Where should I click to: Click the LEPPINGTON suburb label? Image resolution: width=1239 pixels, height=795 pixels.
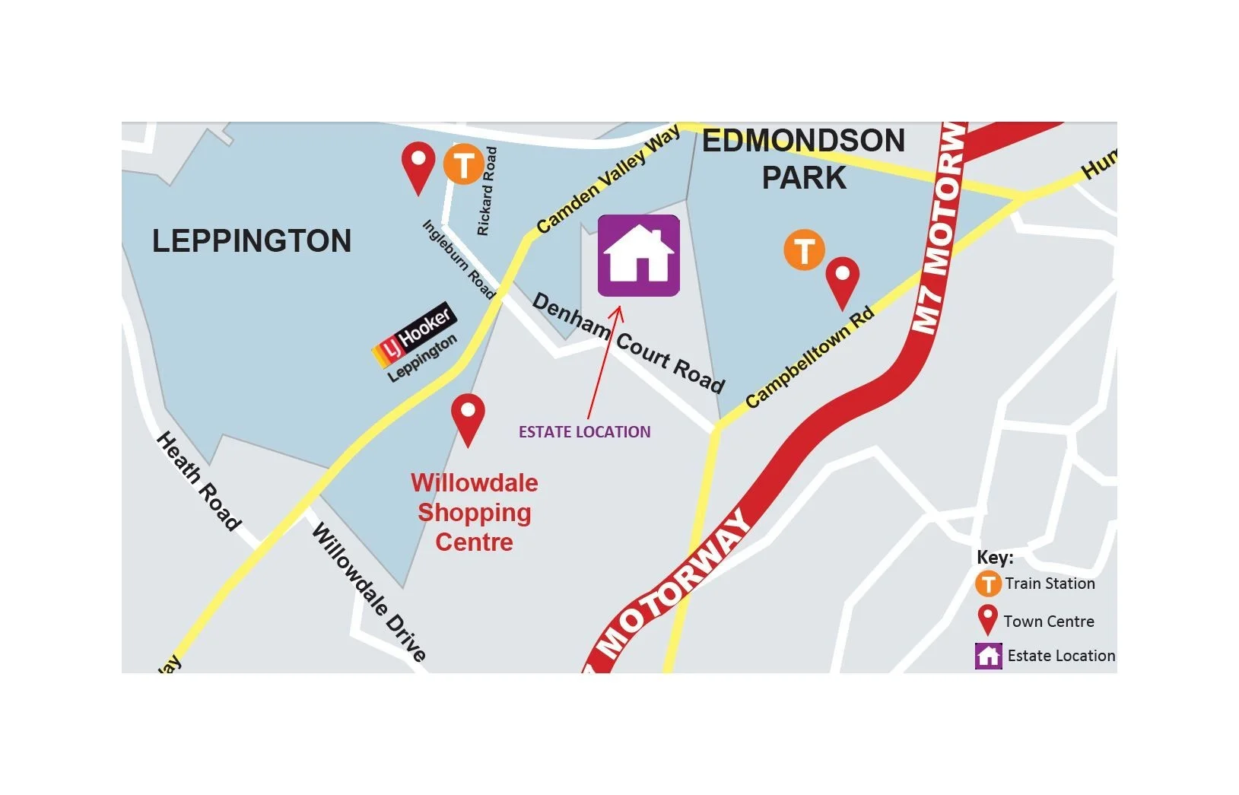[252, 241]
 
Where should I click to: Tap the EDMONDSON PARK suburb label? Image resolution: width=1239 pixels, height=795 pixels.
[803, 158]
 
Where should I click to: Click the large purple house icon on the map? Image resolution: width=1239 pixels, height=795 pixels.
[638, 256]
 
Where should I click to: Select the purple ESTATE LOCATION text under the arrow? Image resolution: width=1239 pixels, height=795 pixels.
[584, 432]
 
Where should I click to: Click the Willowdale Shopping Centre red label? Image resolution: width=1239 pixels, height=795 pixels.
[474, 512]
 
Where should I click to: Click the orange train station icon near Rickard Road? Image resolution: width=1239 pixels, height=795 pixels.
[463, 164]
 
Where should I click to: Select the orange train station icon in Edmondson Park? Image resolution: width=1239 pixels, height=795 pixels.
[804, 250]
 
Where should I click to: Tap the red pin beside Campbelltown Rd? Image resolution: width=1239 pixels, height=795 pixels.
[842, 281]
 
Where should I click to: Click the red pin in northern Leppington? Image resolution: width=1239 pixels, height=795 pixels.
[418, 167]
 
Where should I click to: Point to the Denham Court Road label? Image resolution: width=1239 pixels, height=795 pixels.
[628, 342]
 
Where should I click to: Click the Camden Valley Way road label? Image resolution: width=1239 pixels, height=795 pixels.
[608, 180]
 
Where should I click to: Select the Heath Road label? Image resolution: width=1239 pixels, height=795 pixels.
[199, 481]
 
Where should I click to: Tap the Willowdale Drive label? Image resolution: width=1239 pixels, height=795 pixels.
[369, 593]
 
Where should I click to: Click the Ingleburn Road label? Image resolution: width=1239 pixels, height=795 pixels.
[459, 259]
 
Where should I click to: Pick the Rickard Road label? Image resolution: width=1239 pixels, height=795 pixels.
[487, 191]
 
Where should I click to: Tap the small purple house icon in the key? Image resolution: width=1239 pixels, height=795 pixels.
[988, 656]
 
